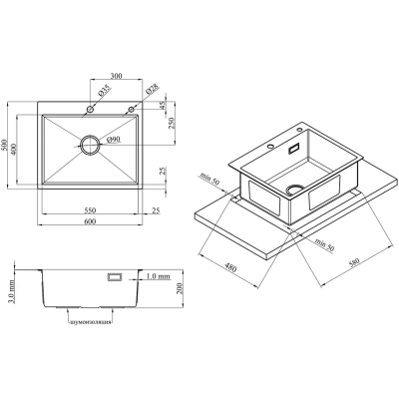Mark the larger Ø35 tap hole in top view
91,107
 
